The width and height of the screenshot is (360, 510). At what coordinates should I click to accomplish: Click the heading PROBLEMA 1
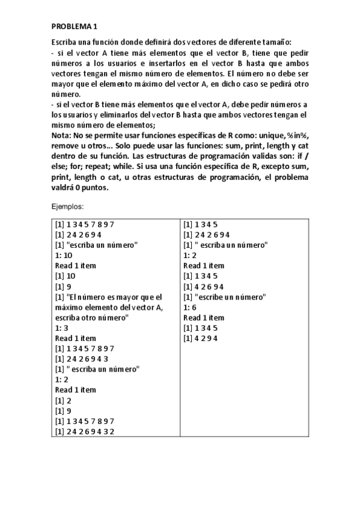pyautogui.click(x=73, y=27)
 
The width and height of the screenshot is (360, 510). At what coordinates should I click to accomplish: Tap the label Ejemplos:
pyautogui.click(x=69, y=206)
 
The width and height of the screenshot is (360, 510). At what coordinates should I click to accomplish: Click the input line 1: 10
pyautogui.click(x=63, y=254)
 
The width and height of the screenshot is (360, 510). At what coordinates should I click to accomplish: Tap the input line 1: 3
pyautogui.click(x=61, y=328)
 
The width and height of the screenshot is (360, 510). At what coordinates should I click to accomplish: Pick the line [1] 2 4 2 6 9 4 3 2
pyautogui.click(x=85, y=431)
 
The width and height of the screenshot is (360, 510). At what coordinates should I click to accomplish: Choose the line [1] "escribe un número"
pyautogui.click(x=225, y=296)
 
